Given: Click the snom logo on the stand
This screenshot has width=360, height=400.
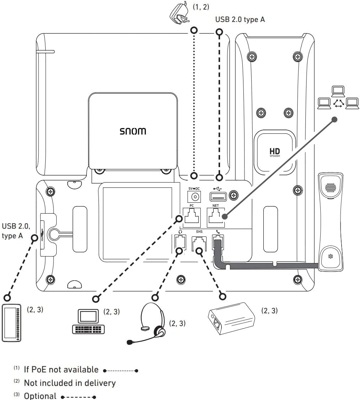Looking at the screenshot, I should click(x=133, y=131).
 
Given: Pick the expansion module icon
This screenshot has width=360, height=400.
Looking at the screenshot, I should click(x=12, y=322).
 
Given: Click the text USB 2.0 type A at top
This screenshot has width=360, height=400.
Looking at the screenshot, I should click(x=240, y=20).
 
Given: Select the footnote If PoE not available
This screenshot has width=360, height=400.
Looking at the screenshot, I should click(x=61, y=370).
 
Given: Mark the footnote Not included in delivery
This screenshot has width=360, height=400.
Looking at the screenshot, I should click(x=69, y=383).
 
